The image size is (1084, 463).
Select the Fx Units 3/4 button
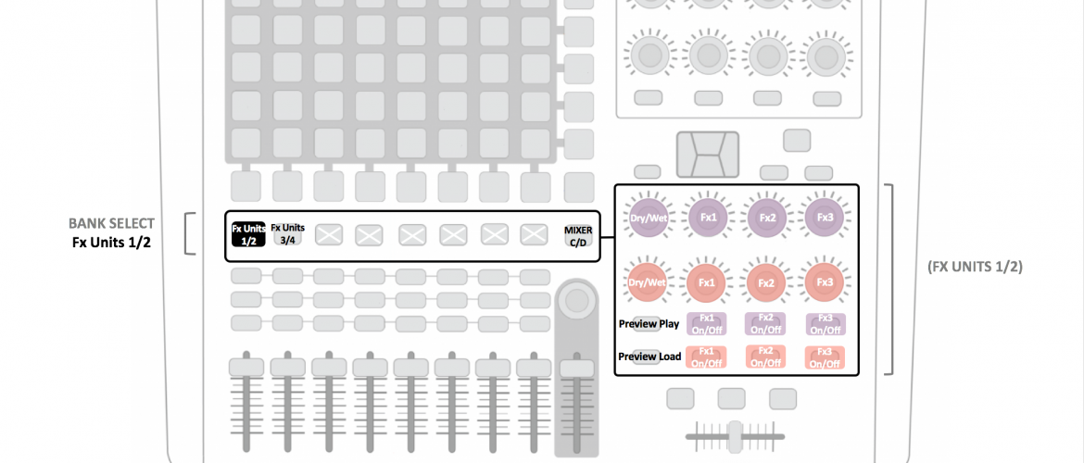coord(287,234)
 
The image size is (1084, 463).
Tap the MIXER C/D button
coord(578,236)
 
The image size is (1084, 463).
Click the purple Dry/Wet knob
coord(648,219)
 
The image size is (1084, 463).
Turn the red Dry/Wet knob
coord(648,282)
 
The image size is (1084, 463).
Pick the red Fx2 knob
coord(766,282)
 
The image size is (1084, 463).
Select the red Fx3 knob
coord(825,282)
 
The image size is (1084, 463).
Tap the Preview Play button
coord(649,324)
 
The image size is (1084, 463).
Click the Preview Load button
coord(649,357)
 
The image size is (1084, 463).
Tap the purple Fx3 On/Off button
coord(825,324)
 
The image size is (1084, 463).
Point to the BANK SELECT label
coord(111,224)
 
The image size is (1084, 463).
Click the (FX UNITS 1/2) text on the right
coord(975,267)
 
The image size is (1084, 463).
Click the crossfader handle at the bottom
coord(735,436)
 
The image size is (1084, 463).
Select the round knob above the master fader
coord(576,300)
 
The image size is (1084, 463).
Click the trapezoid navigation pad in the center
coord(708,154)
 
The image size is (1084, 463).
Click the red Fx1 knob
coord(707,282)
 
